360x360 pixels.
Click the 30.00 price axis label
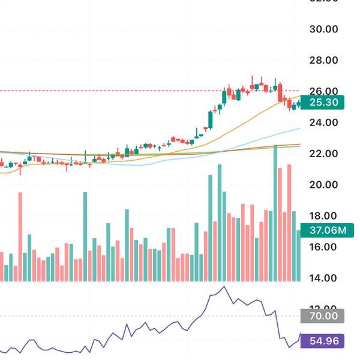tap(323, 29)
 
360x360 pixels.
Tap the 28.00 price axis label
tap(323, 60)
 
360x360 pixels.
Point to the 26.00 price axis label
tap(323, 91)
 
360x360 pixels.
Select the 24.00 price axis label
tap(323, 122)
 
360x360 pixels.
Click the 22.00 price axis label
tap(323, 154)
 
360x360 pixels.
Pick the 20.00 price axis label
tap(323, 185)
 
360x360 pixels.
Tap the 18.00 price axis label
tap(323, 216)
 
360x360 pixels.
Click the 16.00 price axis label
tap(323, 247)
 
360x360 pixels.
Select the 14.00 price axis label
tap(323, 278)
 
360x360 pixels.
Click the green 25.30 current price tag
tap(324, 103)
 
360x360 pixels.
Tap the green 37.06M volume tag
tap(328, 230)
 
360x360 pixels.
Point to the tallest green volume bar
tap(275, 213)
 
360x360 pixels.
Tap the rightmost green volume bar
tap(299, 255)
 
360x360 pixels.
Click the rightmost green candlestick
tap(298, 104)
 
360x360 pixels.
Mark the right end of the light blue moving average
tap(299, 128)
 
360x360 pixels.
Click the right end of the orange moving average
tap(299, 96)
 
